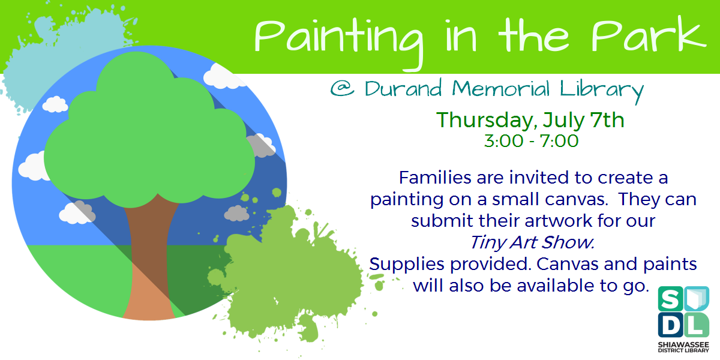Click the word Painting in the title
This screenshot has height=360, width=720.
(x=336, y=37)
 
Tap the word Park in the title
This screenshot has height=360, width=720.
(x=648, y=37)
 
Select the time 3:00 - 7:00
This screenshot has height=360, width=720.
(x=531, y=142)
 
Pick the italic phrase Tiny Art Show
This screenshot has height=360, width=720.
(x=532, y=242)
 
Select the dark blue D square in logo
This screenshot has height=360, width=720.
(x=670, y=324)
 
